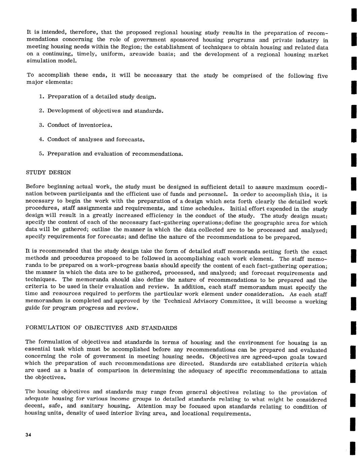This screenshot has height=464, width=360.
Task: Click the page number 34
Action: [28, 435]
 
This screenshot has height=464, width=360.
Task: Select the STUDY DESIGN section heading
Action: [48, 172]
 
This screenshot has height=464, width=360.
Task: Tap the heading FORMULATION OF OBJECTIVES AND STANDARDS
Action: [101, 328]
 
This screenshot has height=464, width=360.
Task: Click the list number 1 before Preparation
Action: [41, 97]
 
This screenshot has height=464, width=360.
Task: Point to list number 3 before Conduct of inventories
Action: [41, 125]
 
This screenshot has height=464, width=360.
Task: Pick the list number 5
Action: [41, 154]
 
